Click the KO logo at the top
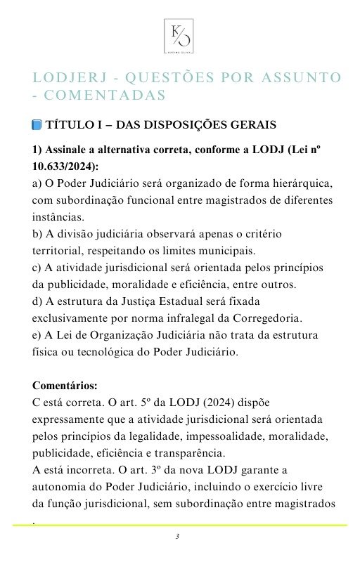pyautogui.click(x=179, y=36)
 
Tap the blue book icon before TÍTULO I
pyautogui.click(x=37, y=125)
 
